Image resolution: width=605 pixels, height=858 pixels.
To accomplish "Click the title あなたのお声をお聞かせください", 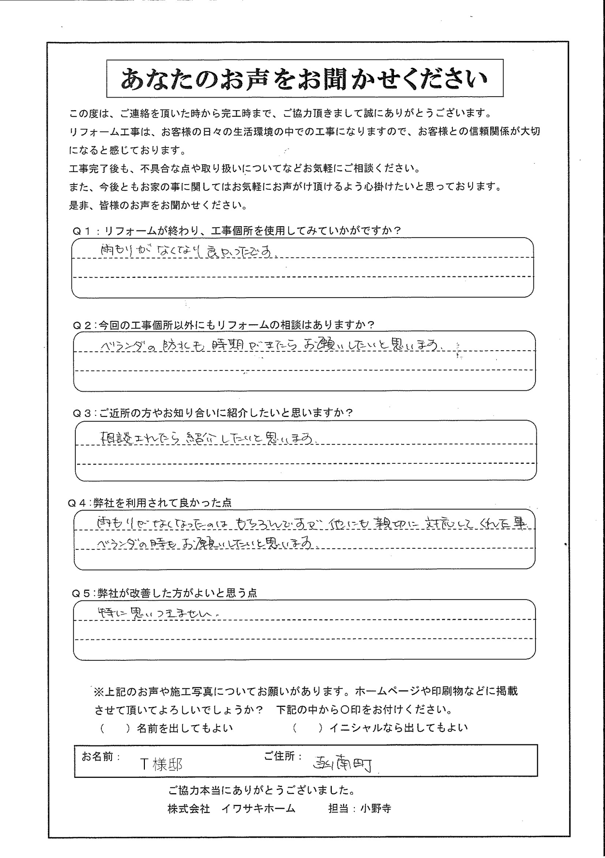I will pyautogui.click(x=304, y=79).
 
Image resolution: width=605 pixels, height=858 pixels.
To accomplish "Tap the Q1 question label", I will pyautogui.click(x=237, y=230).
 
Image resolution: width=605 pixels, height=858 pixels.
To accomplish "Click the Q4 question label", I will pyautogui.click(x=150, y=502).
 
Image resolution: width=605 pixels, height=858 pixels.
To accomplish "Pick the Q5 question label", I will pyautogui.click(x=164, y=593).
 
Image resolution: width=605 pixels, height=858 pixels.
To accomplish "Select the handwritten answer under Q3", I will pyautogui.click(x=210, y=438).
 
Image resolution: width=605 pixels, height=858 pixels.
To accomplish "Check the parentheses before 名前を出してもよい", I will pyautogui.click(x=115, y=728).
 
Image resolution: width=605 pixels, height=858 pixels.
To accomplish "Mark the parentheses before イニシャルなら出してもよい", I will pyautogui.click(x=308, y=728).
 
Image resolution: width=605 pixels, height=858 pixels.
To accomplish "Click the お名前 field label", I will pyautogui.click(x=100, y=757).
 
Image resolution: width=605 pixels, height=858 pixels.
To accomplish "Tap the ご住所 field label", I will pyautogui.click(x=283, y=757).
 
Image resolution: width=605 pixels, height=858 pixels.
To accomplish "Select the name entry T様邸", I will pyautogui.click(x=161, y=764).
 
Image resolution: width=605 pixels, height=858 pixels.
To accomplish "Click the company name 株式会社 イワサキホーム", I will pyautogui.click(x=231, y=809).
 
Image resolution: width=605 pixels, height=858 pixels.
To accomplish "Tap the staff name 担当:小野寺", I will pyautogui.click(x=359, y=809).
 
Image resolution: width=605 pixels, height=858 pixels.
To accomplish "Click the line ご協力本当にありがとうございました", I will pyautogui.click(x=262, y=790).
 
